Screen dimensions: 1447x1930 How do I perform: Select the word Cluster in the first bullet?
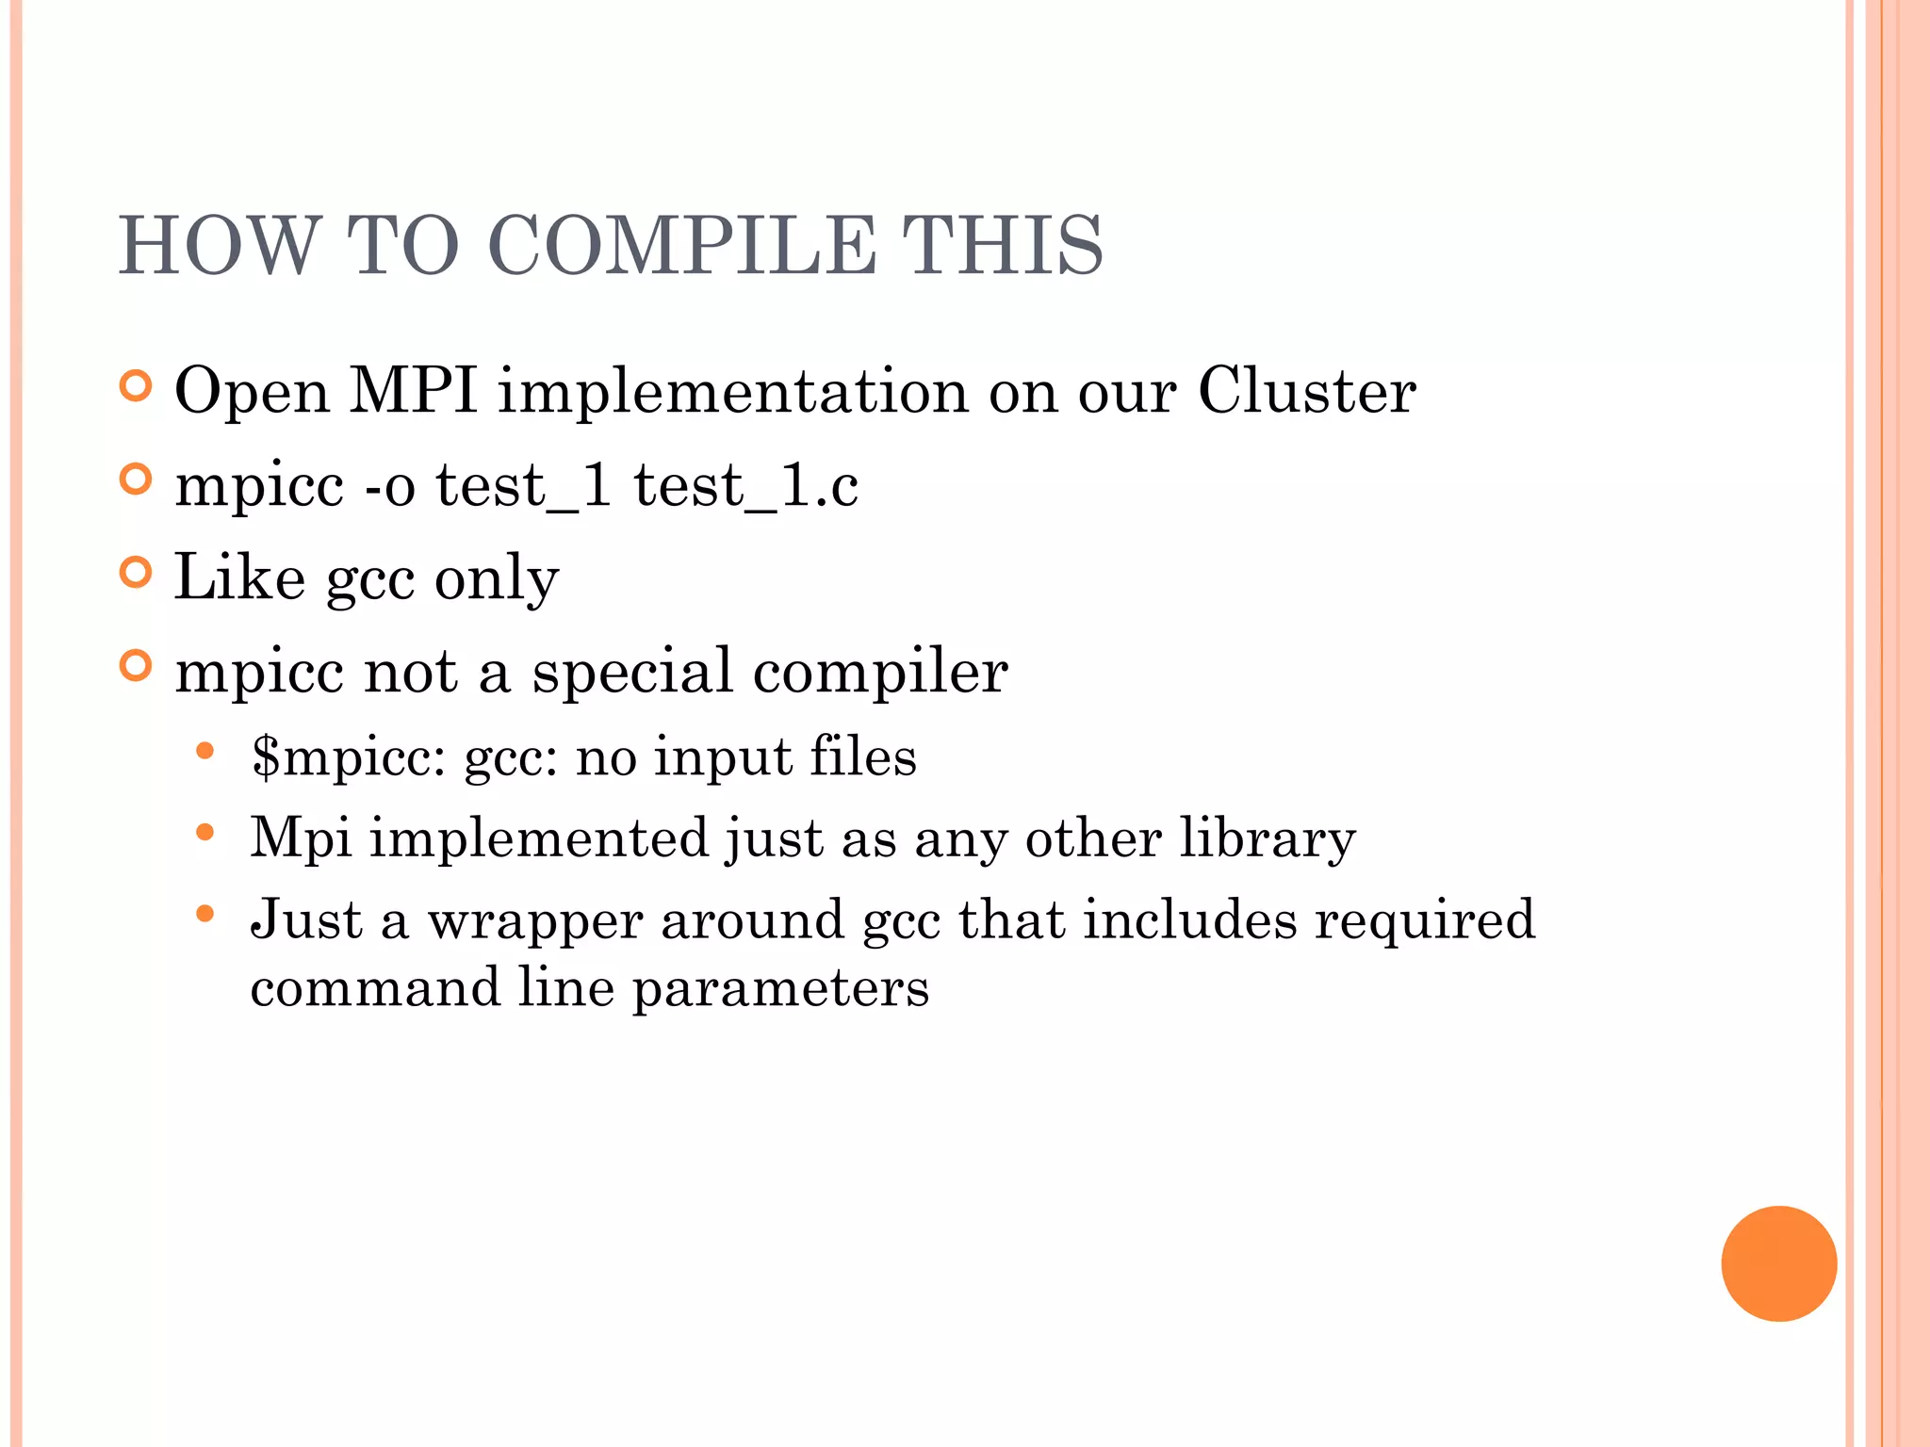pyautogui.click(x=1306, y=390)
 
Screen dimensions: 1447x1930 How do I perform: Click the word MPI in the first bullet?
pyautogui.click(x=413, y=390)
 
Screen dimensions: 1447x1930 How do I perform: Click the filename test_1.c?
pyautogui.click(x=745, y=486)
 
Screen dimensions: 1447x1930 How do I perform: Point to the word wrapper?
pyautogui.click(x=534, y=921)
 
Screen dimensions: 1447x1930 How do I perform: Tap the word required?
pyautogui.click(x=1425, y=921)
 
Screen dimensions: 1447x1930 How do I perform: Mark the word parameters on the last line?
pyautogui.click(x=780, y=989)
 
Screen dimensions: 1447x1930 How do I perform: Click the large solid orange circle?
pyautogui.click(x=1778, y=1263)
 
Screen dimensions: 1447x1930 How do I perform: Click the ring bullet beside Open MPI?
pyautogui.click(x=137, y=386)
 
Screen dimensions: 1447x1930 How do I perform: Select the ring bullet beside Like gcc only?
pyautogui.click(x=137, y=573)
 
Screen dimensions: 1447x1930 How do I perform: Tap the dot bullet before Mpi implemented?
pyautogui.click(x=205, y=833)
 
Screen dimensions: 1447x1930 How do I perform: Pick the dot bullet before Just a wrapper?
pyautogui.click(x=205, y=914)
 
